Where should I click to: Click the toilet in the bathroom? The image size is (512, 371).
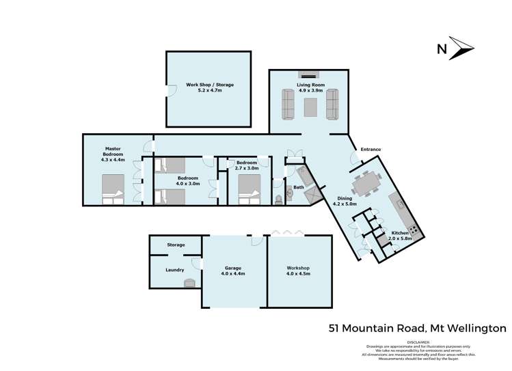(278, 199)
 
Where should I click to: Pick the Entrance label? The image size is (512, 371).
(370, 149)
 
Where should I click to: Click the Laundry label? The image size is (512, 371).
(175, 270)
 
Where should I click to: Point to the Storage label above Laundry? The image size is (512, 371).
(176, 245)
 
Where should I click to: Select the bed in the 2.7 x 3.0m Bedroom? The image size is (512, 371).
(250, 186)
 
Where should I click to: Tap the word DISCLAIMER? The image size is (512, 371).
(418, 342)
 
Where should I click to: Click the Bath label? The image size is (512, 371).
(299, 187)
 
